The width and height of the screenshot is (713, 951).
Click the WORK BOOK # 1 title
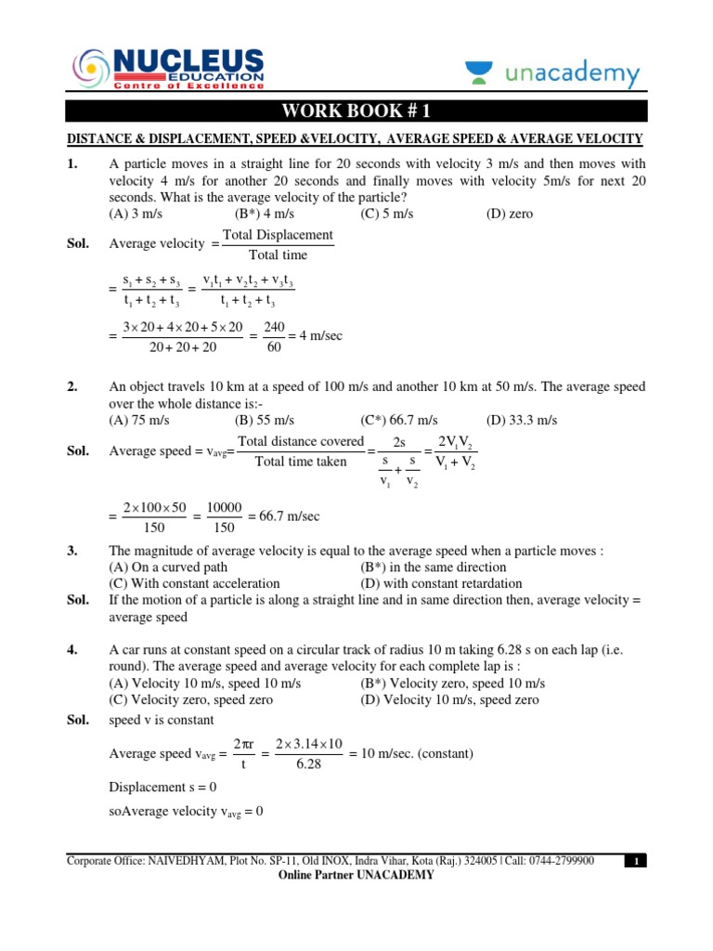[x=356, y=112]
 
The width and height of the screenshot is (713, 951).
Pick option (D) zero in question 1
[x=510, y=214]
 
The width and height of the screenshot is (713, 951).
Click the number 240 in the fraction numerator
[x=275, y=327]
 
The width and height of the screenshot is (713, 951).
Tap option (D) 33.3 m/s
[x=522, y=420]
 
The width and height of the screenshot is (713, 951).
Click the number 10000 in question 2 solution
[x=224, y=507]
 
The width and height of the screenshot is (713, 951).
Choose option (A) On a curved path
[x=168, y=567]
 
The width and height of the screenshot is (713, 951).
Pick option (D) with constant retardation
[x=441, y=584]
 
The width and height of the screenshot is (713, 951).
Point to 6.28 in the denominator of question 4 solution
[x=303, y=763]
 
